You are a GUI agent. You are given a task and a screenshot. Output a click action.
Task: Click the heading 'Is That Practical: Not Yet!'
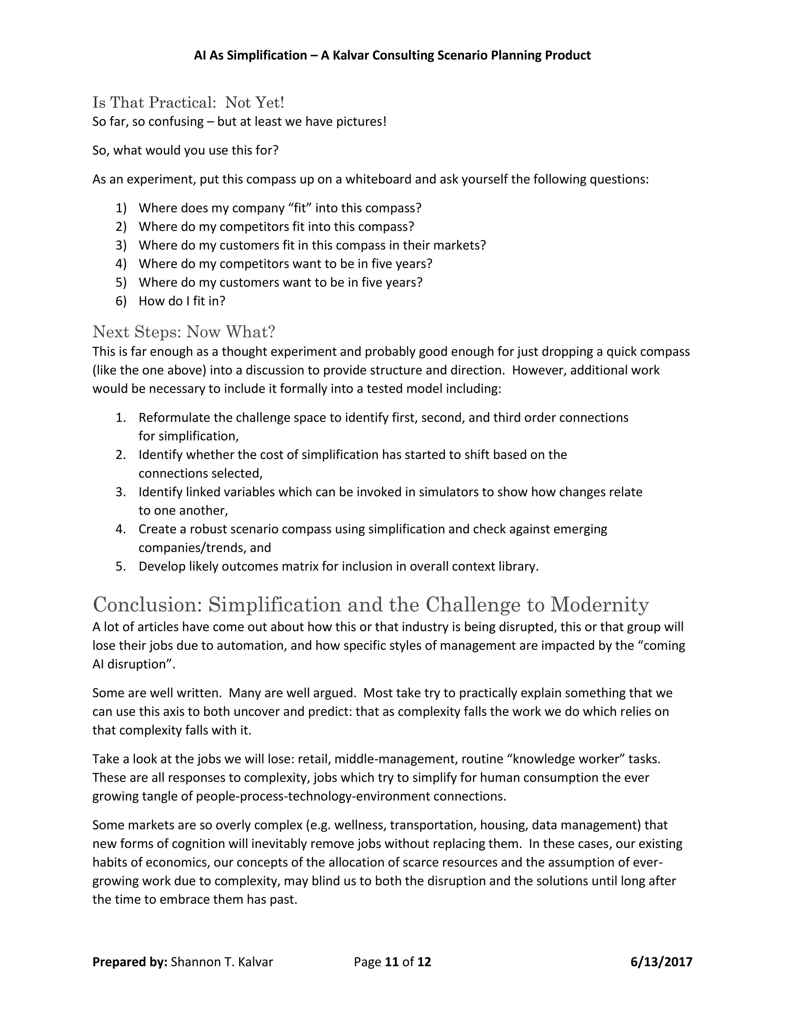click(x=188, y=102)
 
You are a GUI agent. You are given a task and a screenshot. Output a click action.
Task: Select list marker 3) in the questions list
click(x=121, y=245)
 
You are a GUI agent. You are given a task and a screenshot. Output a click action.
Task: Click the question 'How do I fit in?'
click(x=181, y=301)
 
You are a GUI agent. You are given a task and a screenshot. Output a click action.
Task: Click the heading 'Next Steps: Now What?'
click(x=184, y=332)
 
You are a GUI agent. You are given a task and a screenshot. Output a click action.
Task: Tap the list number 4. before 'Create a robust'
click(x=121, y=529)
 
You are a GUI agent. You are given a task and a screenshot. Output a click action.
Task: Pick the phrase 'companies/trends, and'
click(x=205, y=547)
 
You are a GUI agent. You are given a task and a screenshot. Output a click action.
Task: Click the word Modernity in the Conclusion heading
click(x=599, y=604)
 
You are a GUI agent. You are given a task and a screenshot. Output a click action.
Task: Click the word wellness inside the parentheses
click(x=360, y=825)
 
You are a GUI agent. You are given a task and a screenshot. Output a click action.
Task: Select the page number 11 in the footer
click(x=392, y=962)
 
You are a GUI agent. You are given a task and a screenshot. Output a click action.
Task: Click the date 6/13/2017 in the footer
click(x=661, y=962)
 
